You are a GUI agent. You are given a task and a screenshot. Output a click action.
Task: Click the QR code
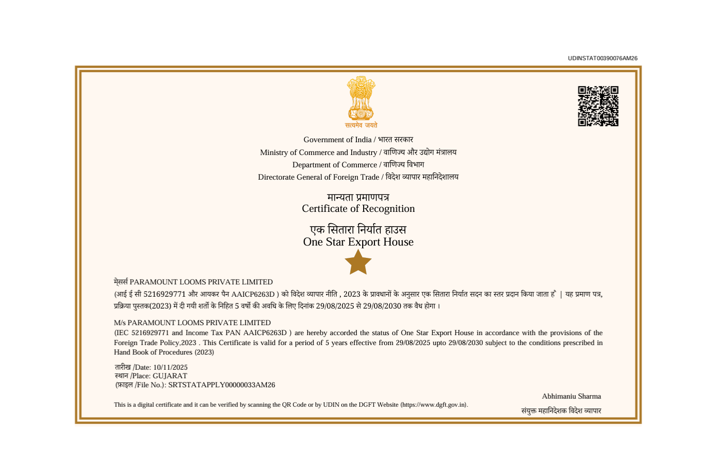click(x=598, y=106)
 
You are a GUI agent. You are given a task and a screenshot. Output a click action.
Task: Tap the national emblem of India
click(x=361, y=98)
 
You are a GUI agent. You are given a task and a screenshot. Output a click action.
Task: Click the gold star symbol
click(x=358, y=262)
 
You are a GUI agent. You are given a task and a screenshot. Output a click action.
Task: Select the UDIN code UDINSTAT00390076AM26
click(x=602, y=58)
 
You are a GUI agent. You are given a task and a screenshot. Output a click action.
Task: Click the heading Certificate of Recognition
click(x=358, y=209)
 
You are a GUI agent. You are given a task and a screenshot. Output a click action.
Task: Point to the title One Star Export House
click(x=358, y=242)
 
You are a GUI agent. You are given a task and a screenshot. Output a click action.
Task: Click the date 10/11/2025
click(x=170, y=367)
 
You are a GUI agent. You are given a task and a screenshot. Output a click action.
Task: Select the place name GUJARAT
click(x=170, y=376)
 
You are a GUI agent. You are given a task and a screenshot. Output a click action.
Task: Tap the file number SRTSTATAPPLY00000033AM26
click(x=222, y=385)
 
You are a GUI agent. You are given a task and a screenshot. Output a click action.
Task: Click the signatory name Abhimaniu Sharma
click(x=571, y=396)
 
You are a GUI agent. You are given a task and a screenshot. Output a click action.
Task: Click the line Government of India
click(x=337, y=140)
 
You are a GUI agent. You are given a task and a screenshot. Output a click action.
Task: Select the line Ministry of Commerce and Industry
click(x=318, y=153)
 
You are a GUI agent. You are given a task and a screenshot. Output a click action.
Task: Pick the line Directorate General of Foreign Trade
click(x=318, y=177)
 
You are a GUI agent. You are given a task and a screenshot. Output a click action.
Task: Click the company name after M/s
click(x=199, y=323)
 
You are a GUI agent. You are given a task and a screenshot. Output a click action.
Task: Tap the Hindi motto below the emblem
click(x=361, y=125)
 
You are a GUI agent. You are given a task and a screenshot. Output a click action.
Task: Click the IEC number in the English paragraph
click(x=150, y=333)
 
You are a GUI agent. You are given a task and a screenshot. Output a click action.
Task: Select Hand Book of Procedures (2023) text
click(x=164, y=352)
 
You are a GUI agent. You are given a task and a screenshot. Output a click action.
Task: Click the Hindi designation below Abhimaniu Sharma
click(x=561, y=411)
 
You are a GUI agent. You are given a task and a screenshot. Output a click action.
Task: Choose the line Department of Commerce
click(x=335, y=165)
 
